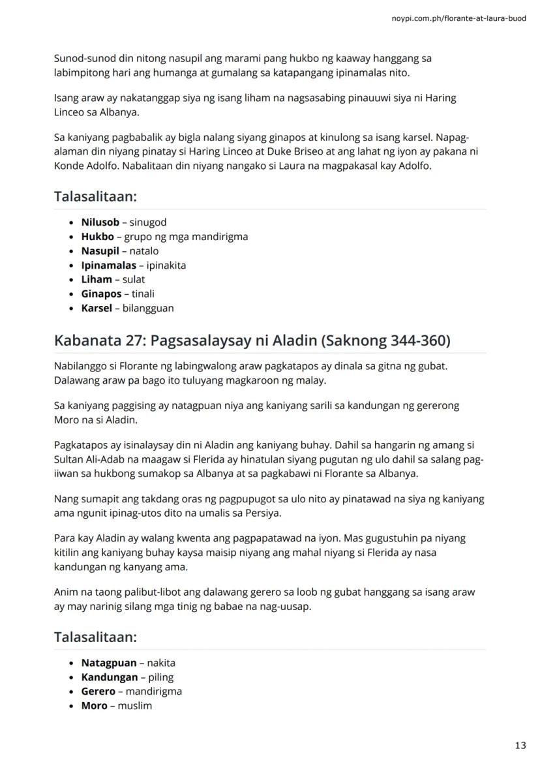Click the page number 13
[520, 745]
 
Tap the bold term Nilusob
[100, 222]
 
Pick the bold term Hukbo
[97, 237]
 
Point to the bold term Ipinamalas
[108, 266]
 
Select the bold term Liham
[97, 280]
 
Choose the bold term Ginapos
[101, 294]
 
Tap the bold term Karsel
[97, 309]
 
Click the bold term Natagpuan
[109, 663]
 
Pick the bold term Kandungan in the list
[110, 677]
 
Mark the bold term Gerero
[98, 692]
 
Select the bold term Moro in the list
[94, 706]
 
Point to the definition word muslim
[134, 706]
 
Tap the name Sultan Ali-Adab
[86, 459]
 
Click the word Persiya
[263, 513]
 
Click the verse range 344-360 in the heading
[411, 340]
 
